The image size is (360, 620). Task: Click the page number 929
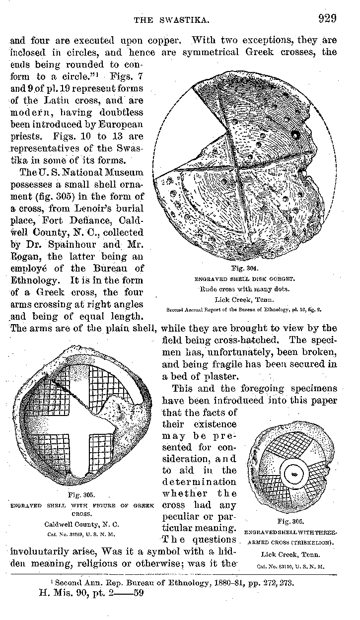click(x=328, y=19)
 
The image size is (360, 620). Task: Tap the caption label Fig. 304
click(x=243, y=269)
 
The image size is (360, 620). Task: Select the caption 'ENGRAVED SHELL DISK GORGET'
click(x=243, y=278)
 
